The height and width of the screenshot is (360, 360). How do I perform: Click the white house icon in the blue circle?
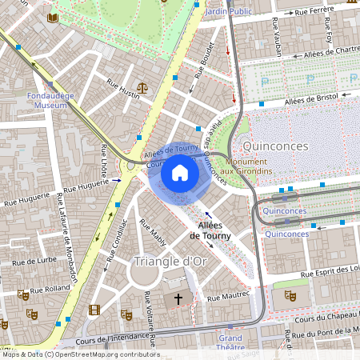pyautogui.click(x=180, y=173)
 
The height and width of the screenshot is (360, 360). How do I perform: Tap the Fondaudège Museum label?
pyautogui.click(x=50, y=99)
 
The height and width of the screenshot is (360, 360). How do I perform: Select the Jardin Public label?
pyautogui.click(x=228, y=11)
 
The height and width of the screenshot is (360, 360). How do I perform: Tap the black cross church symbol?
pyautogui.click(x=178, y=298)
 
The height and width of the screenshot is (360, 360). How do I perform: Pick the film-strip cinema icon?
pyautogui.click(x=95, y=310)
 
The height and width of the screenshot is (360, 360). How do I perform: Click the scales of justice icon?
pyautogui.click(x=142, y=88)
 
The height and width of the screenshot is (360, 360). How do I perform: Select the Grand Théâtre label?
pyautogui.click(x=231, y=343)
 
